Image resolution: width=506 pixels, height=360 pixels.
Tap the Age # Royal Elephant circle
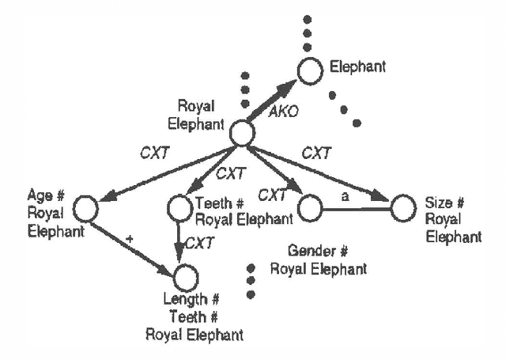85,209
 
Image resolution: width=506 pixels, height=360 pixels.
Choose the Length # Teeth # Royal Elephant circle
185,278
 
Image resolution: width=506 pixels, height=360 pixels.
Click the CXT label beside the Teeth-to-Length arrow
200,242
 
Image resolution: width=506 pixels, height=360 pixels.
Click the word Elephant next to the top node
359,67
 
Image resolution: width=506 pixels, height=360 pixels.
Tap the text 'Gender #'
318,252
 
